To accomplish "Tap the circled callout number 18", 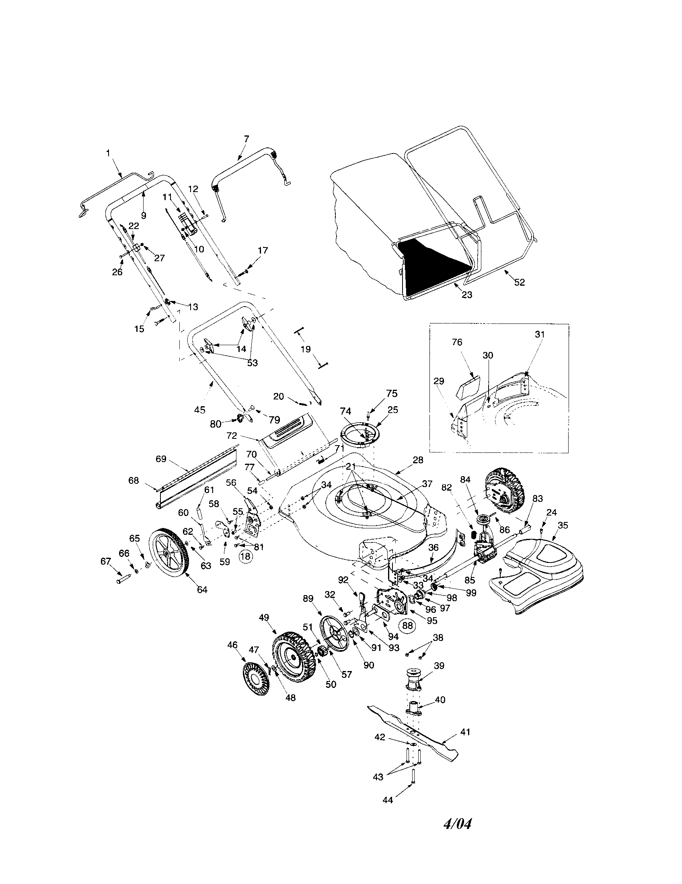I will point(245,557).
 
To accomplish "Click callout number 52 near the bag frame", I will point(520,282).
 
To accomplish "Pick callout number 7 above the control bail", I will point(247,139).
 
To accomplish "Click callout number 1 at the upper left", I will point(108,153).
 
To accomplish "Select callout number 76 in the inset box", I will point(457,342).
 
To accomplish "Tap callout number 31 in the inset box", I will point(539,334).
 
